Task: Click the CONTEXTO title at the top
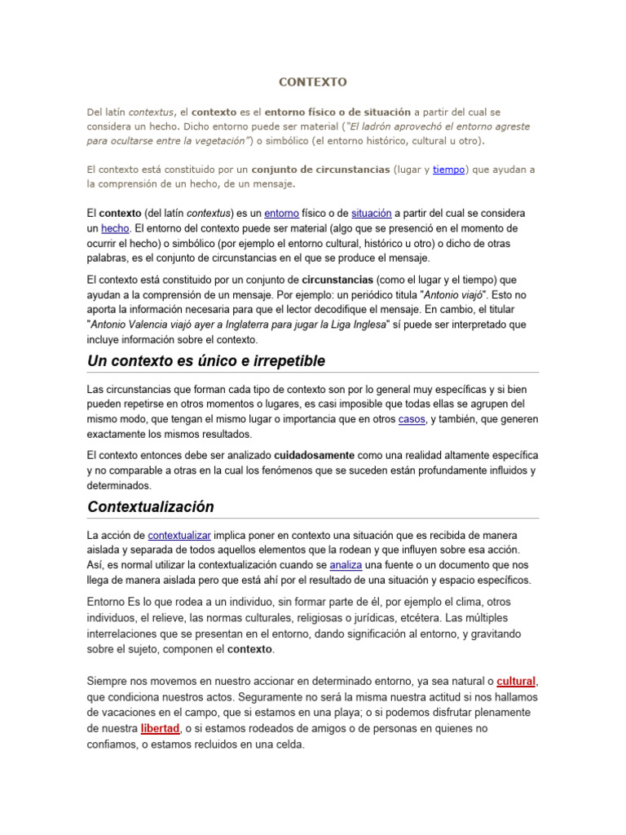pyautogui.click(x=313, y=82)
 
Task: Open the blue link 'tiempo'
pyautogui.click(x=448, y=170)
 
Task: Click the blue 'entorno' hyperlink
pyautogui.click(x=282, y=213)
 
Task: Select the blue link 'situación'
pyautogui.click(x=372, y=213)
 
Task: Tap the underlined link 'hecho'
pyautogui.click(x=115, y=228)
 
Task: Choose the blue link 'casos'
pyautogui.click(x=412, y=419)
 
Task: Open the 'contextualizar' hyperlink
pyautogui.click(x=179, y=535)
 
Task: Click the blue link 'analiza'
pyautogui.click(x=345, y=564)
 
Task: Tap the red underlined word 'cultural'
pyautogui.click(x=516, y=682)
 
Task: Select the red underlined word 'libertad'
pyautogui.click(x=159, y=728)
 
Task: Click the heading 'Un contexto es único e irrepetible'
pyautogui.click(x=206, y=360)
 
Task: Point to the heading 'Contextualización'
pyautogui.click(x=151, y=506)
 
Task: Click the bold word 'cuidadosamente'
pyautogui.click(x=315, y=455)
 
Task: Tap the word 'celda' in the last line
pyautogui.click(x=289, y=744)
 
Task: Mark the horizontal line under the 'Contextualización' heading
pyautogui.click(x=313, y=518)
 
